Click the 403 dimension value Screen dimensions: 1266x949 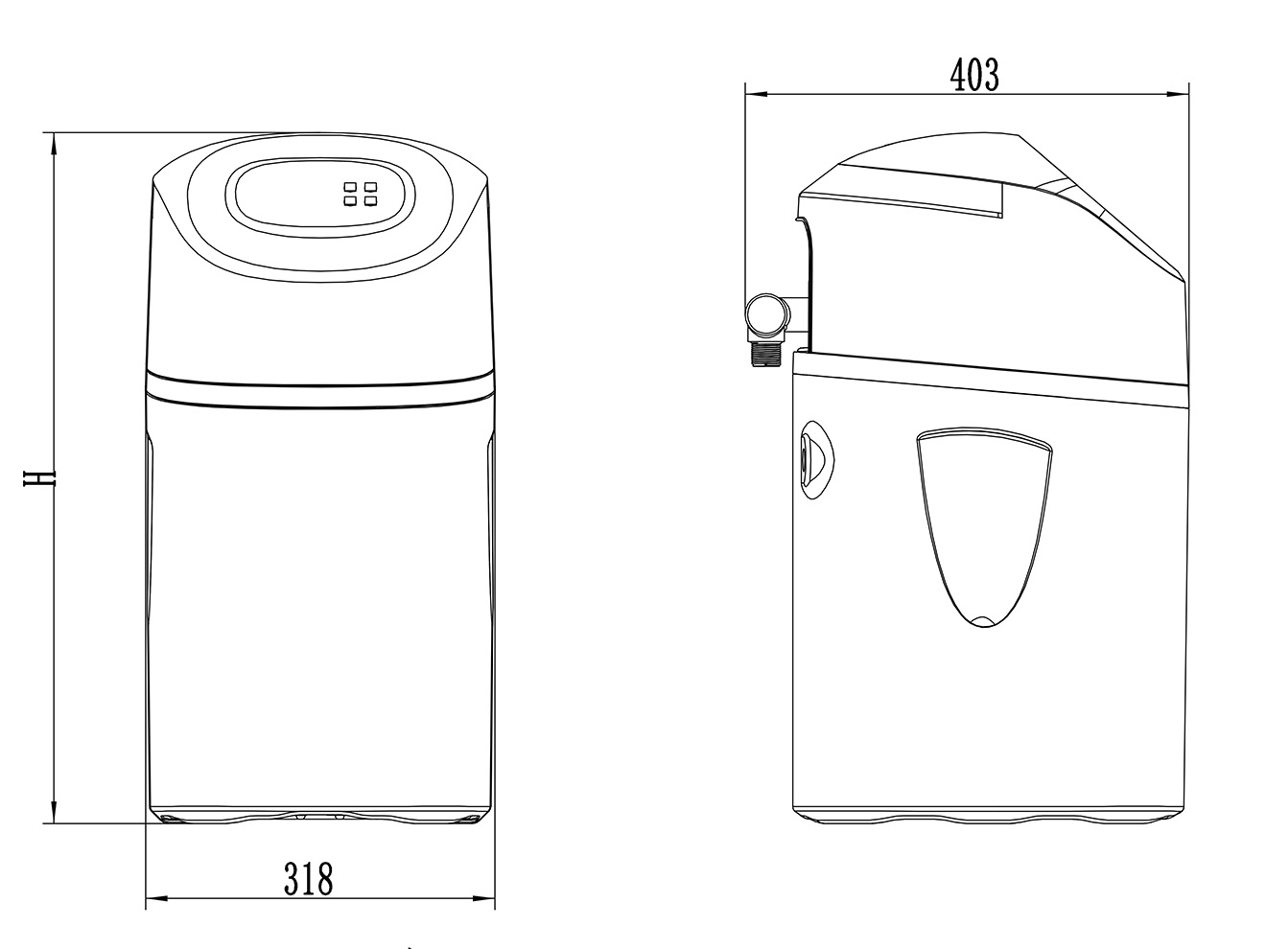pyautogui.click(x=974, y=76)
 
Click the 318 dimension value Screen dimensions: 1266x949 pyautogui.click(x=309, y=878)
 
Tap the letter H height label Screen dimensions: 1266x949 pyautogui.click(x=39, y=477)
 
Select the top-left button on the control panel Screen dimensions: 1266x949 pyautogui.click(x=349, y=187)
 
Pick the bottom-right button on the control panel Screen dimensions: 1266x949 pyautogui.click(x=370, y=201)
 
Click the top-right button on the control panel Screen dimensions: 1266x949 pyautogui.click(x=370, y=187)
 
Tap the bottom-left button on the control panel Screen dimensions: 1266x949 pyautogui.click(x=349, y=201)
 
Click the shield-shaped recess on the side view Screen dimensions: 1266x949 pyautogui.click(x=983, y=526)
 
